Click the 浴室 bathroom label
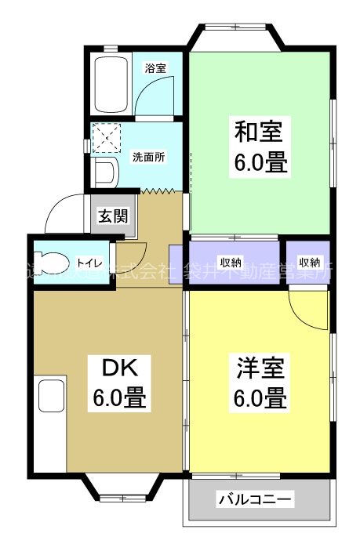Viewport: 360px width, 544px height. tap(155, 68)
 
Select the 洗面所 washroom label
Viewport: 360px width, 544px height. tap(148, 157)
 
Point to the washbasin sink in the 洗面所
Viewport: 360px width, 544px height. tap(105, 172)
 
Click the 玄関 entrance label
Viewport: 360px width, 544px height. tap(111, 216)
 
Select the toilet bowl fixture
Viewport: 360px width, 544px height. tap(56, 263)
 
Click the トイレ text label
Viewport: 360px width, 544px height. tap(87, 263)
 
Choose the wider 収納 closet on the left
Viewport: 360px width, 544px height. tap(231, 262)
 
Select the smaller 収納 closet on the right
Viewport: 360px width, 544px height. tap(308, 262)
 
